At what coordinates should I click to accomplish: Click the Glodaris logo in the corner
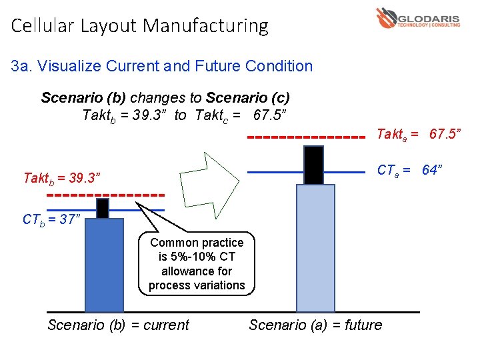[417, 18]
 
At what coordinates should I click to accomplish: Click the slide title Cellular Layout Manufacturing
[140, 26]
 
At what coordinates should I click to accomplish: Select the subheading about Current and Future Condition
[162, 66]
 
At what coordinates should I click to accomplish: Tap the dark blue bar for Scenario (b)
[104, 265]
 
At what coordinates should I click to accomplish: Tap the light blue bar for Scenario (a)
[315, 248]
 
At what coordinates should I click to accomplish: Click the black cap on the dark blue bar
[103, 209]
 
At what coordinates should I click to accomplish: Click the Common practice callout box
[197, 263]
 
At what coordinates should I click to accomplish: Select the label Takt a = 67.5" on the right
[419, 135]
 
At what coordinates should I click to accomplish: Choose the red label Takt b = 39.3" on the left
[61, 178]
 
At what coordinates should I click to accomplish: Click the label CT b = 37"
[51, 219]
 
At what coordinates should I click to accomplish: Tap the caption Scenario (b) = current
[118, 325]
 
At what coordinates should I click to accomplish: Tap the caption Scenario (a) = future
[315, 325]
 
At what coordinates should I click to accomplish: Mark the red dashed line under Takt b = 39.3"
[107, 195]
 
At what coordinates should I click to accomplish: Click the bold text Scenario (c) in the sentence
[248, 97]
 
